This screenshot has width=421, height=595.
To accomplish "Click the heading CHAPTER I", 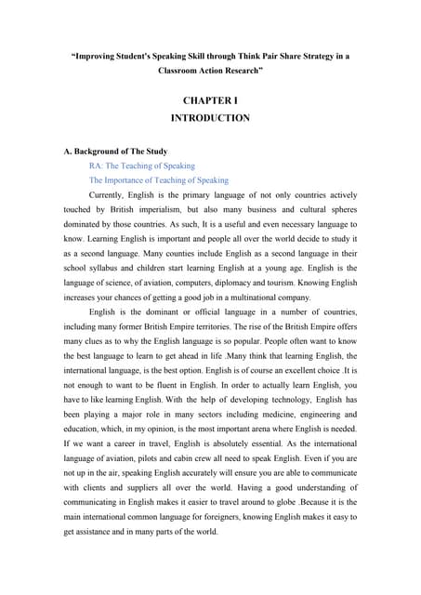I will coord(210,100).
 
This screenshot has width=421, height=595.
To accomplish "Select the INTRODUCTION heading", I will coord(210,118).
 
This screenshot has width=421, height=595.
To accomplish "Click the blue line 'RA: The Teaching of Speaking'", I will coord(142,166).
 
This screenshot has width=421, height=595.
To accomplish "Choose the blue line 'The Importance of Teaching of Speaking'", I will coord(159,180).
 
